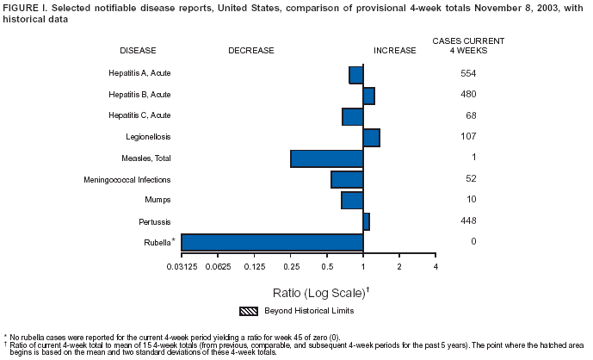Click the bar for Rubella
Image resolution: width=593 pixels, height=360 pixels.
pyautogui.click(x=272, y=242)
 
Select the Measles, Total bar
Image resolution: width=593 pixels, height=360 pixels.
pyautogui.click(x=327, y=158)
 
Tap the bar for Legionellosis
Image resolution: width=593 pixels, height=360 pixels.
pyautogui.click(x=371, y=137)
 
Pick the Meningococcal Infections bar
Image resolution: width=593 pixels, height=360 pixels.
pyautogui.click(x=347, y=179)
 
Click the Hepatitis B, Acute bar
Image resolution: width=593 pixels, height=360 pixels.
pyautogui.click(x=368, y=96)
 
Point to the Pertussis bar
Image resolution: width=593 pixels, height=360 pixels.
pyautogui.click(x=366, y=221)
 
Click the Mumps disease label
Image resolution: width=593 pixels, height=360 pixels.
pyautogui.click(x=158, y=200)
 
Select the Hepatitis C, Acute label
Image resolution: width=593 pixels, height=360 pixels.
pyautogui.click(x=139, y=115)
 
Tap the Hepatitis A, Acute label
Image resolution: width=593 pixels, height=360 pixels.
pyautogui.click(x=139, y=73)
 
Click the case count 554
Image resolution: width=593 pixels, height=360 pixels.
pyautogui.click(x=468, y=73)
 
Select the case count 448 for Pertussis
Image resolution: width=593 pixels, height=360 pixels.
pyautogui.click(x=468, y=221)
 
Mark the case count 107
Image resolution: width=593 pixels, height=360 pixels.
pyautogui.click(x=468, y=137)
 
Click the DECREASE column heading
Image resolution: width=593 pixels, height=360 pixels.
pyautogui.click(x=251, y=51)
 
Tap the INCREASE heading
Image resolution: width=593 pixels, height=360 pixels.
pyautogui.click(x=395, y=51)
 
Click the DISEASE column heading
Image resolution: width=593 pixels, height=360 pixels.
pyautogui.click(x=138, y=51)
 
